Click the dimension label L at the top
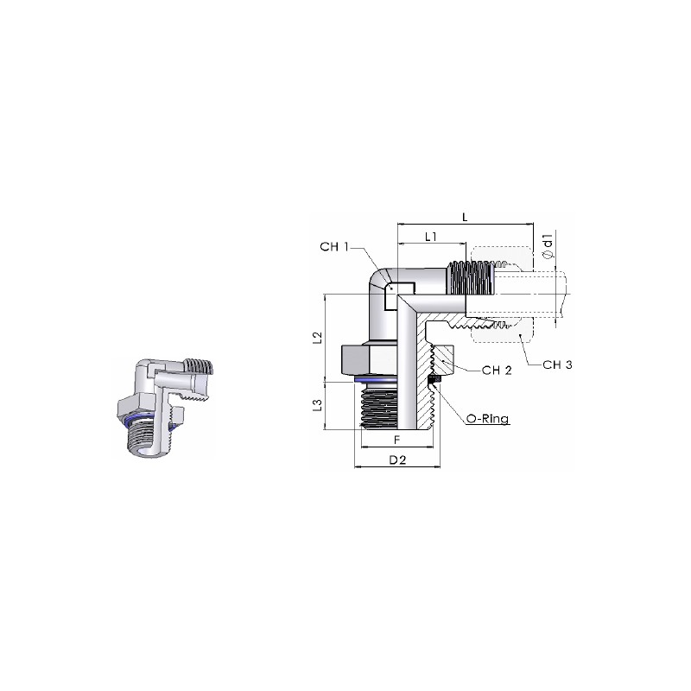click(x=465, y=217)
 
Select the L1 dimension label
click(x=430, y=237)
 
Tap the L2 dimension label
click(x=317, y=338)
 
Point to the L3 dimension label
click(x=317, y=405)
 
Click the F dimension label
click(x=396, y=440)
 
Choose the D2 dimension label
click(x=397, y=460)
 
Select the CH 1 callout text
click(x=334, y=247)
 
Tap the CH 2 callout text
click(x=497, y=371)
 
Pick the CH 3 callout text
click(x=557, y=365)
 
